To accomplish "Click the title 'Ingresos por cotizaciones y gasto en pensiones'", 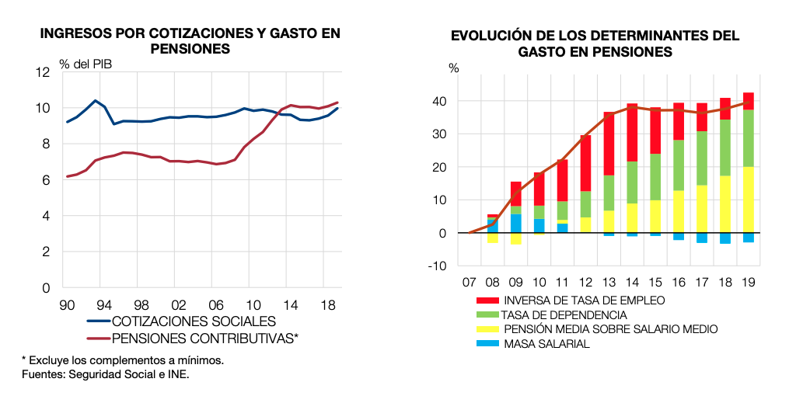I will tap(190, 40).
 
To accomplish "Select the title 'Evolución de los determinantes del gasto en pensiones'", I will tap(595, 43).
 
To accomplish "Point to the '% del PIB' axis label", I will tap(86, 64).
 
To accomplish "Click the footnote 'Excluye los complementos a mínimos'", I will tap(123, 360).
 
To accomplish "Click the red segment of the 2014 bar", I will tap(632, 132).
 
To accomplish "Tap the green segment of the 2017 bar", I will tap(702, 158).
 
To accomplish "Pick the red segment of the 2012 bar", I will tap(585, 163).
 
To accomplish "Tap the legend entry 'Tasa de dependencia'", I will tap(564, 315).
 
